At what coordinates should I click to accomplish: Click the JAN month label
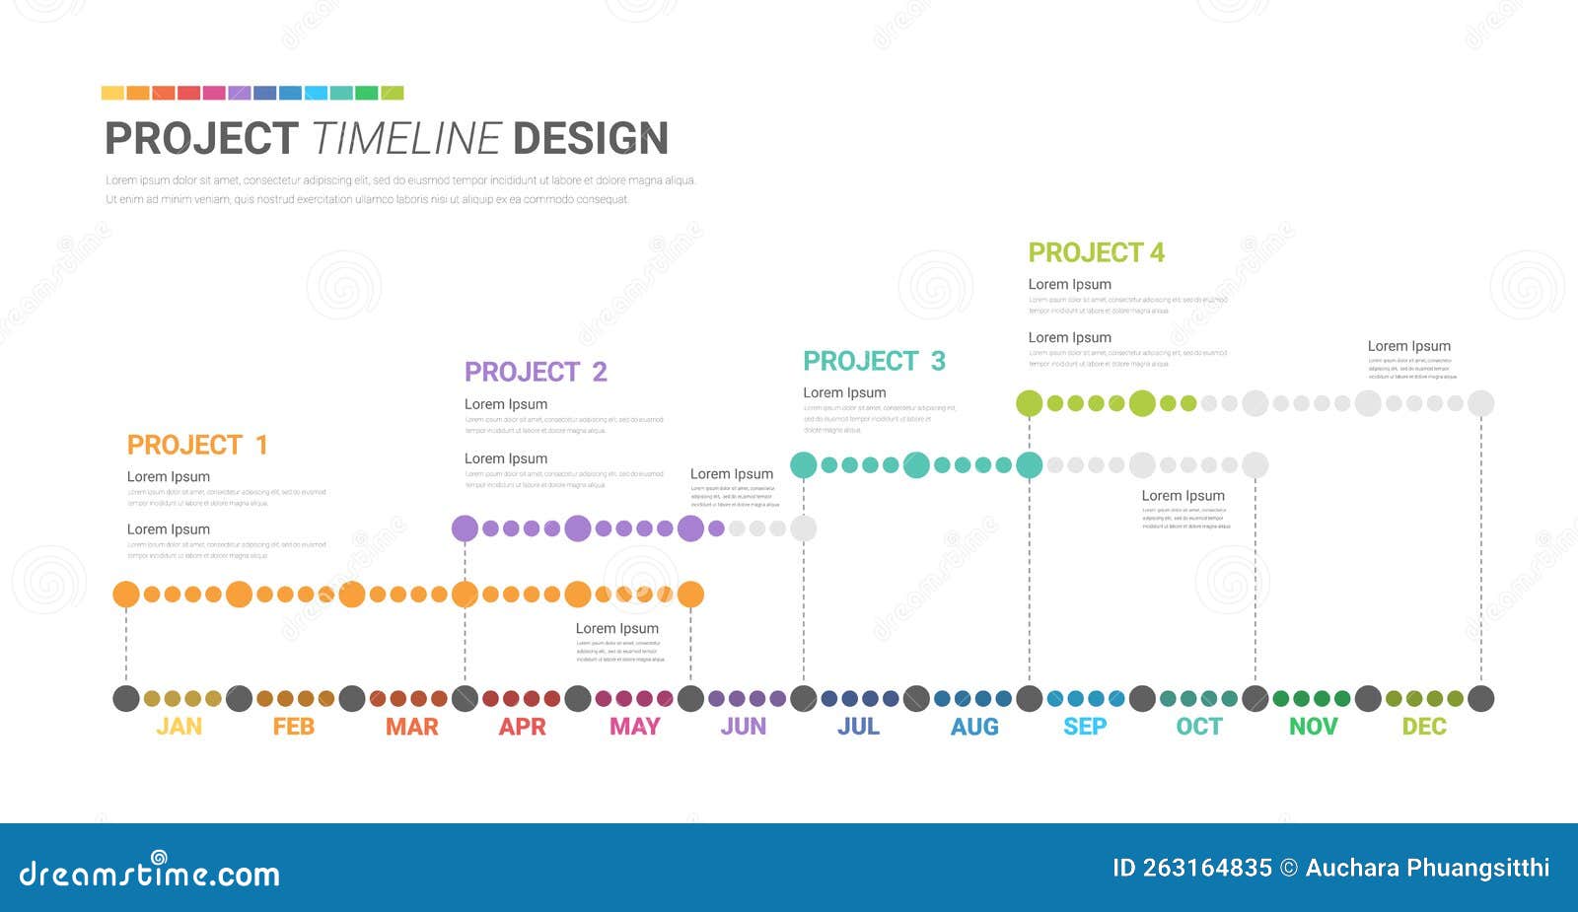click(179, 727)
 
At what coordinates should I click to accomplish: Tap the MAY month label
click(634, 727)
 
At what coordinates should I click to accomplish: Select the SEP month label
click(1085, 727)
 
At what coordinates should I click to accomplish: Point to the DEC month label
click(1424, 727)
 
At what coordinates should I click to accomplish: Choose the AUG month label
click(974, 727)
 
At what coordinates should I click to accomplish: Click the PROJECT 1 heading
click(197, 445)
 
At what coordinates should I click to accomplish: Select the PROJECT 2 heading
click(536, 372)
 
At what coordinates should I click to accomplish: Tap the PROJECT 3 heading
click(874, 361)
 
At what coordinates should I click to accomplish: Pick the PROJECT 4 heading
click(1096, 252)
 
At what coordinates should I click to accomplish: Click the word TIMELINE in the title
click(406, 139)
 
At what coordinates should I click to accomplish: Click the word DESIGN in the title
click(591, 139)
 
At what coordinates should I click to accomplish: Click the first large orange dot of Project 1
click(126, 594)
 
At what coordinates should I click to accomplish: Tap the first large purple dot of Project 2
click(465, 528)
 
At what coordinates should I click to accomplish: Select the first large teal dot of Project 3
click(804, 464)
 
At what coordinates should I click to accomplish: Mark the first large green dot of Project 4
click(1029, 402)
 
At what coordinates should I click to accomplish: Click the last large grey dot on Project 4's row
click(1480, 402)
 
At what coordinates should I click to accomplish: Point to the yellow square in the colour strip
click(112, 93)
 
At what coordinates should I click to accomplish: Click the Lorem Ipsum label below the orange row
click(616, 628)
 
